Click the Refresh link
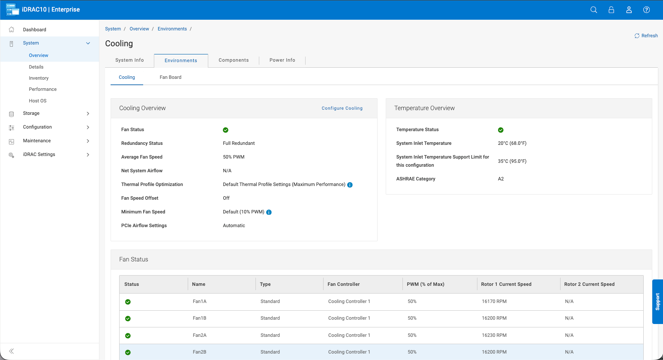click(x=646, y=36)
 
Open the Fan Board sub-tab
click(x=171, y=77)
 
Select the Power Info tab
click(x=282, y=60)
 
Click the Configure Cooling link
click(x=342, y=108)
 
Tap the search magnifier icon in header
click(x=594, y=10)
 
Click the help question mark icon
click(x=646, y=10)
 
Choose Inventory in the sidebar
click(x=39, y=78)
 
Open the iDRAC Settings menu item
click(x=39, y=154)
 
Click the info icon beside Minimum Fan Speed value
click(x=269, y=212)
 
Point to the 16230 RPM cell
click(x=494, y=335)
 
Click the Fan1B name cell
click(x=199, y=318)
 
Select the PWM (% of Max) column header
click(x=425, y=284)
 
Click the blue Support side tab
click(x=657, y=302)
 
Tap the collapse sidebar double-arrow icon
click(x=11, y=351)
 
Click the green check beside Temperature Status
click(x=501, y=130)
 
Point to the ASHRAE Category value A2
click(x=501, y=179)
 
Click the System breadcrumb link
click(x=113, y=29)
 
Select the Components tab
click(x=234, y=60)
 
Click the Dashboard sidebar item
click(x=35, y=30)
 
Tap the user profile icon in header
click(x=629, y=10)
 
